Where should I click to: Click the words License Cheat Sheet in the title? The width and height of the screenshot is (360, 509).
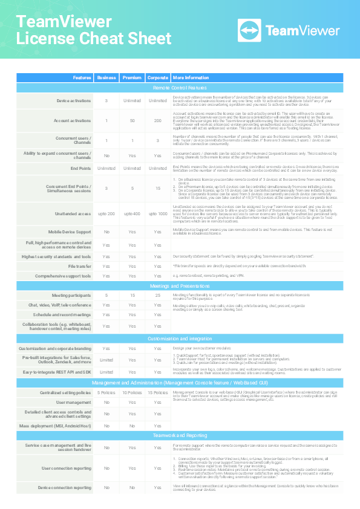pos(94,39)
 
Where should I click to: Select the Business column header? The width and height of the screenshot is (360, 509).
pos(106,78)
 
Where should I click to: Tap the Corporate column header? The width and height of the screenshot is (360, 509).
pos(157,78)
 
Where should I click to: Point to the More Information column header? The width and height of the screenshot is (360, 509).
pos(191,78)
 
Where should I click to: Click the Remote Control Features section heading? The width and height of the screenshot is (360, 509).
pos(180,88)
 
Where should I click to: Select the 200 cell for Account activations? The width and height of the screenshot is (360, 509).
pos(157,121)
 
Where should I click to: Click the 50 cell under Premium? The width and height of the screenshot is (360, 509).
pos(132,121)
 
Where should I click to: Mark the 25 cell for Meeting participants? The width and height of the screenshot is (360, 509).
pos(157,295)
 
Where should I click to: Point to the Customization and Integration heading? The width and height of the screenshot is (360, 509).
pos(180,339)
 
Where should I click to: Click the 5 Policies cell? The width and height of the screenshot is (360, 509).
pos(106,392)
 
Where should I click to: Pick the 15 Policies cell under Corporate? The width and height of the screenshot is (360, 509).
pos(157,392)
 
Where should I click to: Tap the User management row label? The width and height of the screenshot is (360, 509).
pos(74,402)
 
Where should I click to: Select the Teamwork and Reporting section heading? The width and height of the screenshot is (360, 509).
pos(180,435)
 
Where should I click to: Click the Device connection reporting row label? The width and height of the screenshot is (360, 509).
pos(65,487)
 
